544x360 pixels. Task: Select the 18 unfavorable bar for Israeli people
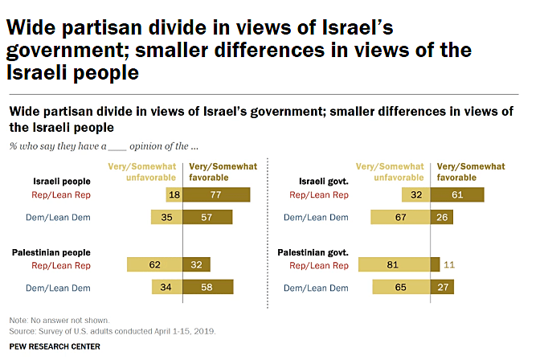tap(174, 194)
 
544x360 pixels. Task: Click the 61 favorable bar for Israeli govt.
tap(456, 194)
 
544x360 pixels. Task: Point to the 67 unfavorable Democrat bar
tap(400, 217)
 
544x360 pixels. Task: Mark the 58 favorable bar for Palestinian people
tap(208, 287)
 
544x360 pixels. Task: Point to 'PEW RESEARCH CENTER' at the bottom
tap(55, 346)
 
